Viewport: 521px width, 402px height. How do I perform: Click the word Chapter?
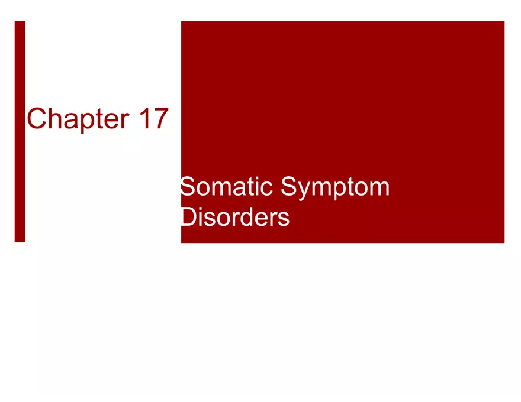click(x=78, y=119)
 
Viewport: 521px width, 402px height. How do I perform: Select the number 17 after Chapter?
click(x=153, y=119)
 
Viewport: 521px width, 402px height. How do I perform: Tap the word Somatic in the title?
click(x=226, y=187)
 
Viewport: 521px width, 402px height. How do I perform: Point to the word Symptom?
click(x=335, y=189)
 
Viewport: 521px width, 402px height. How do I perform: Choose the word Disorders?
click(x=234, y=218)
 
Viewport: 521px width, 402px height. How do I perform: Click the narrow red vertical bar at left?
click(x=20, y=131)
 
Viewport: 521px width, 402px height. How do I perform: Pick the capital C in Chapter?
click(x=37, y=119)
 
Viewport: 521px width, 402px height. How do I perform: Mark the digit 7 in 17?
click(x=160, y=119)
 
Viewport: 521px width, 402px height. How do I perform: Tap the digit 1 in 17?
click(x=145, y=119)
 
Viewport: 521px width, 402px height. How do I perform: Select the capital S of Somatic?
click(x=188, y=187)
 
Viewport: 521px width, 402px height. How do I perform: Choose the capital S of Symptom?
click(x=289, y=187)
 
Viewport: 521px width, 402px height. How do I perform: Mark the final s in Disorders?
click(x=284, y=219)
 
